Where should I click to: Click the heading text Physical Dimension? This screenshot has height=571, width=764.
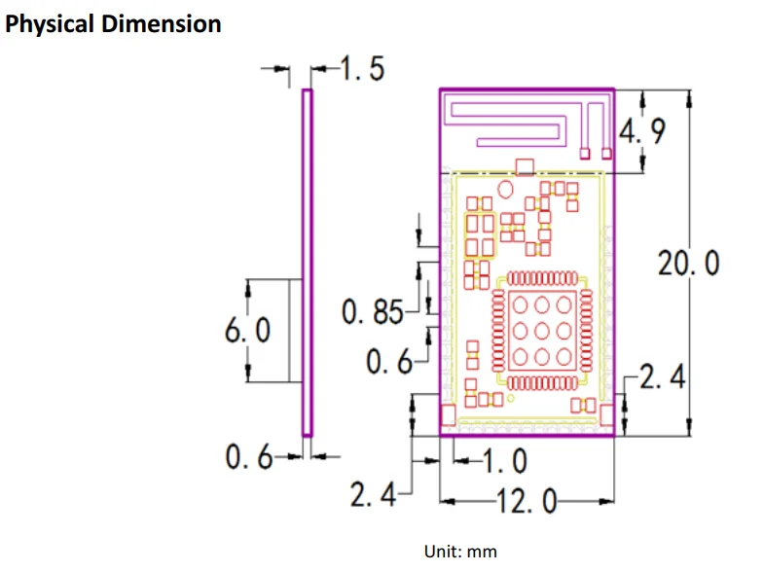click(x=114, y=24)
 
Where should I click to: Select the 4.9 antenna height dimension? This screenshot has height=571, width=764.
click(x=643, y=131)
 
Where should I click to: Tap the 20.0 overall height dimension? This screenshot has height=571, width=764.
click(x=689, y=263)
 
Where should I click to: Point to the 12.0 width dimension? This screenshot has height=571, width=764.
click(x=527, y=502)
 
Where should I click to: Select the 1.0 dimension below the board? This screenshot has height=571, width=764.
click(x=504, y=459)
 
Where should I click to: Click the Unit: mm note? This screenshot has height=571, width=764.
click(x=460, y=552)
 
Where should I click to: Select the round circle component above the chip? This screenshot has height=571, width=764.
click(x=505, y=188)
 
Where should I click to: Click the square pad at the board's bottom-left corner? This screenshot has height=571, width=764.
click(x=449, y=415)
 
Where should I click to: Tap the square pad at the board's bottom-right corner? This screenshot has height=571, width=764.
click(x=606, y=415)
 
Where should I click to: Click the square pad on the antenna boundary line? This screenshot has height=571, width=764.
click(x=526, y=166)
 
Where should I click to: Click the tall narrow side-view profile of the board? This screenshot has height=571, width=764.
click(x=307, y=263)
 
